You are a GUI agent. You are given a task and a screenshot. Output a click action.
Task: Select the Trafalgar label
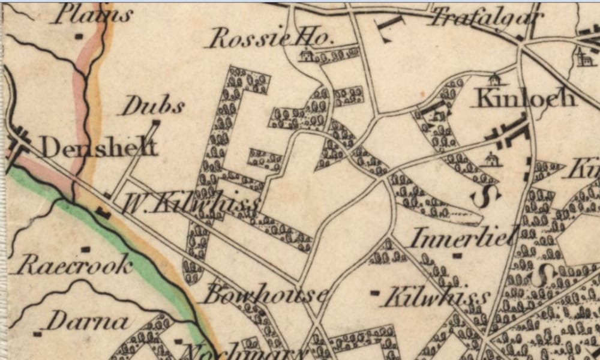[487, 18]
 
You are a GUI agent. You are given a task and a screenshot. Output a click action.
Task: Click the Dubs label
[153, 106]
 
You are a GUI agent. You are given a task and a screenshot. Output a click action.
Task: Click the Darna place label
[88, 322]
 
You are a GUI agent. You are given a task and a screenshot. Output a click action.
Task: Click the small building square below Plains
[79, 37]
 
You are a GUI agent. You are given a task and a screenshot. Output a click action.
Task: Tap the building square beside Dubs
[156, 123]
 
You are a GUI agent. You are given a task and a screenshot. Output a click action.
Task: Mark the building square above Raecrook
[86, 248]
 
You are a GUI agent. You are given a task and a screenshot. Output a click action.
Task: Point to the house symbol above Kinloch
[494, 80]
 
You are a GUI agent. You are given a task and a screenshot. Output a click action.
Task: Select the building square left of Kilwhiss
[375, 293]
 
